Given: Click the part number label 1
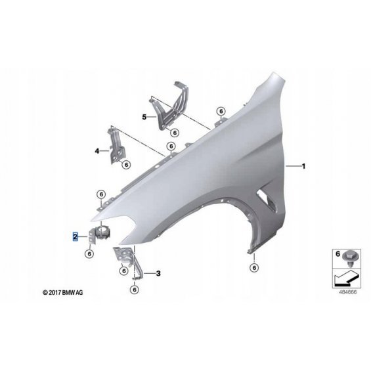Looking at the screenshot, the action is [x=303, y=166].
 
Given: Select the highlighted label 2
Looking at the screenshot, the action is [x=76, y=236].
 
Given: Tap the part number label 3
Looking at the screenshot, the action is [x=158, y=273].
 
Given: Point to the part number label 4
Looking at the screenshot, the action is [x=97, y=151].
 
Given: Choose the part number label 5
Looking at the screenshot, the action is [x=144, y=117].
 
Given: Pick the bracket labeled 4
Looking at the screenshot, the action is [x=116, y=146].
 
